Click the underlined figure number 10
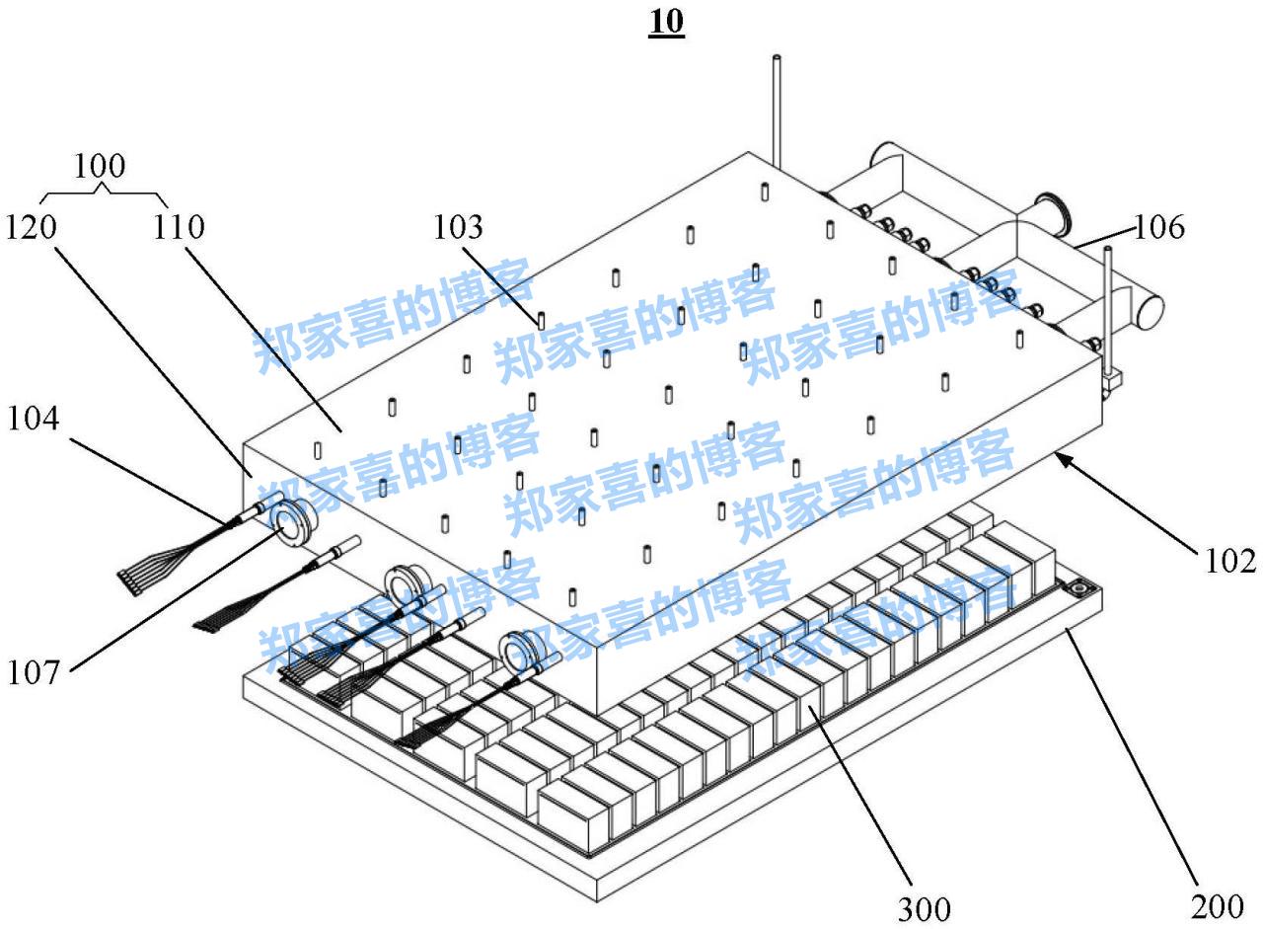(x=666, y=22)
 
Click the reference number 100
(x=99, y=166)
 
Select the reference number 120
(x=31, y=228)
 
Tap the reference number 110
(x=179, y=228)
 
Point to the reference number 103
(x=459, y=228)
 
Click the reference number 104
(x=33, y=419)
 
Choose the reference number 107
(x=34, y=673)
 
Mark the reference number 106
(x=1158, y=228)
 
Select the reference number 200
(x=1217, y=906)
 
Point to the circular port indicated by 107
(x=293, y=521)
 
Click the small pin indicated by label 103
(x=542, y=320)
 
